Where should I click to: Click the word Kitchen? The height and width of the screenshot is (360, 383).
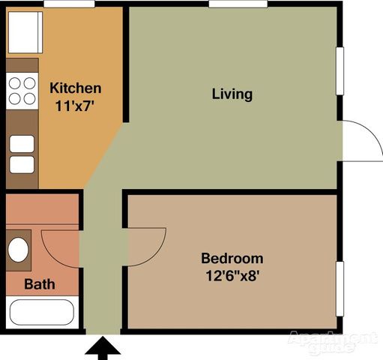[x=75, y=88]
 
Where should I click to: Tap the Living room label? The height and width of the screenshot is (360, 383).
[x=232, y=94]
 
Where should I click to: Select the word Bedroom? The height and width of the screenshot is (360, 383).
[x=232, y=259]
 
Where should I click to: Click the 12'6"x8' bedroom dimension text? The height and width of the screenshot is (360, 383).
[x=232, y=275]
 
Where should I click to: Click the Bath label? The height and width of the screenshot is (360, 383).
[x=38, y=284]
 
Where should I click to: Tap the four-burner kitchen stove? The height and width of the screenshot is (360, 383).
[x=22, y=91]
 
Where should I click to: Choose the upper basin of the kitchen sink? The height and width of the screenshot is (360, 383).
[x=22, y=143]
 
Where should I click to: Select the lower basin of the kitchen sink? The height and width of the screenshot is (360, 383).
[x=22, y=164]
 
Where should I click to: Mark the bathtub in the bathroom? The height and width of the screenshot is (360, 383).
[x=40, y=314]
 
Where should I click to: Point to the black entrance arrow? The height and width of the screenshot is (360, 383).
[x=102, y=348]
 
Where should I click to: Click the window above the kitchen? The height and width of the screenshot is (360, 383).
[x=64, y=4]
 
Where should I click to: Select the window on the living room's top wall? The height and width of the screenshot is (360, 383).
[x=238, y=4]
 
